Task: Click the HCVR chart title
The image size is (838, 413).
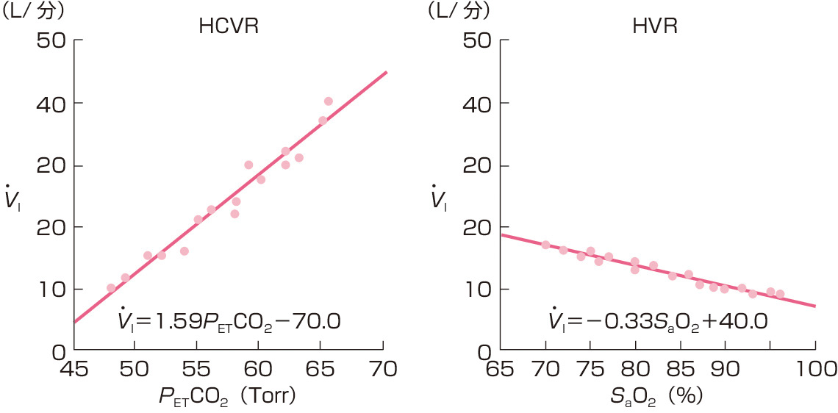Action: click(x=229, y=27)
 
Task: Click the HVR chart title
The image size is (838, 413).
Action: click(x=654, y=27)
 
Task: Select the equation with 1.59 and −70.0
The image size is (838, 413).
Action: click(x=230, y=321)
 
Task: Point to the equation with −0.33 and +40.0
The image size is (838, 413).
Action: click(x=658, y=321)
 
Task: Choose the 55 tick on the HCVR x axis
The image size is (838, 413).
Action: click(x=197, y=369)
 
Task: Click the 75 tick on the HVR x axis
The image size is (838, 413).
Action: click(x=590, y=369)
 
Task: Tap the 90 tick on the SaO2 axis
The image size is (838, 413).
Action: click(x=725, y=369)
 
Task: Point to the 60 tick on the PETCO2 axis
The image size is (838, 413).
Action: click(x=259, y=369)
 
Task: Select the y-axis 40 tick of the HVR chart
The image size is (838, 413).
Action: click(x=479, y=103)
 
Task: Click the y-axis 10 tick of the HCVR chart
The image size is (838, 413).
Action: click(x=52, y=289)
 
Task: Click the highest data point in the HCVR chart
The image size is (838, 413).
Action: click(x=328, y=101)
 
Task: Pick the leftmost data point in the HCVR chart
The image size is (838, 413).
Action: click(x=111, y=288)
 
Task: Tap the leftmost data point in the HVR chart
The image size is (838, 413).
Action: click(x=545, y=245)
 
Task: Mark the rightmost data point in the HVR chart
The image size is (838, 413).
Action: click(x=780, y=294)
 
